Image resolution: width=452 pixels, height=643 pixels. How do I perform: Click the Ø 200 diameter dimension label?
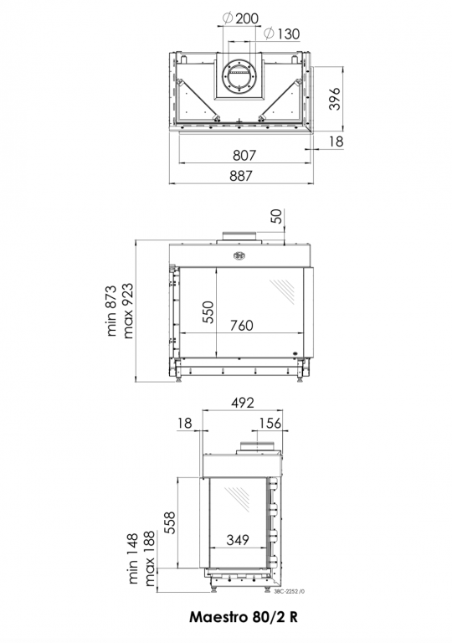point(241,18)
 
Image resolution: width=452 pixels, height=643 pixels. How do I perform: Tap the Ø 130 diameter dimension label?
point(282,33)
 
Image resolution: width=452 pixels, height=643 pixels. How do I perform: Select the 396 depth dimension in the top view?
point(335,99)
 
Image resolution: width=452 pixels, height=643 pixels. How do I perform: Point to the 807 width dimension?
point(244,155)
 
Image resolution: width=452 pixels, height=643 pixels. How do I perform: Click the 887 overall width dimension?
point(241,176)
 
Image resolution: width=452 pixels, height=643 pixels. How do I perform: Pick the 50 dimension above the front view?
point(277,217)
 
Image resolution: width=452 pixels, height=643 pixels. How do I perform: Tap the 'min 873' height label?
point(112,311)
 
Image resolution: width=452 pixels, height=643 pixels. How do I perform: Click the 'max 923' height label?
point(127,311)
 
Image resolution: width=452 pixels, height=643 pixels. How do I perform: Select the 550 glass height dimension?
point(208,312)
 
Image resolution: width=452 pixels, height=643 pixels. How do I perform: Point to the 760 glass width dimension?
point(242,325)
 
